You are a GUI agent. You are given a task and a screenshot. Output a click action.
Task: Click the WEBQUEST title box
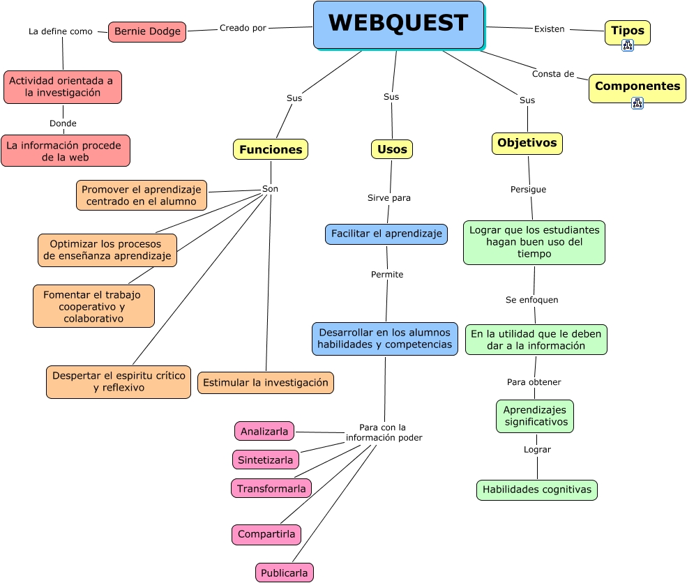point(398,24)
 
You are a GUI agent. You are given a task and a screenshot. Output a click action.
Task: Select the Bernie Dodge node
point(147,31)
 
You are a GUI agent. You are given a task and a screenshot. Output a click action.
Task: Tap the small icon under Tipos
point(627,45)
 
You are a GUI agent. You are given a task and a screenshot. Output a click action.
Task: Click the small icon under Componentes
point(637,103)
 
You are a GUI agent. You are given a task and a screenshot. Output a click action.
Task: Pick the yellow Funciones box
point(271,149)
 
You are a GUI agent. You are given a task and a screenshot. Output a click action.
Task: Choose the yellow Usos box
point(392,149)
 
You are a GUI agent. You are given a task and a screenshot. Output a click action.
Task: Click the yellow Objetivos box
point(527,143)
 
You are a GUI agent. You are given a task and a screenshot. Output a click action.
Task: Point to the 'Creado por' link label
point(243,28)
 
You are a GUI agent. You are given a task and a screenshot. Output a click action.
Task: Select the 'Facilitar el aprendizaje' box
point(386,234)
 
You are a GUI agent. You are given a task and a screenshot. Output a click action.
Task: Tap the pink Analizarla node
point(264,432)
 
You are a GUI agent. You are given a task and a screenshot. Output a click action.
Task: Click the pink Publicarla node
point(285,573)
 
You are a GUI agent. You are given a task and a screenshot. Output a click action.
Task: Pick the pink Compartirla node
point(266,535)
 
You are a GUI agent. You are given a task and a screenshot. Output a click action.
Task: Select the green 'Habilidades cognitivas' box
point(537,490)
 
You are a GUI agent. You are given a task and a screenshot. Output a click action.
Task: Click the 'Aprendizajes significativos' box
point(535,416)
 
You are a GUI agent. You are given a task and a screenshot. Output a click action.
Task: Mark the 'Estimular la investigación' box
point(266,383)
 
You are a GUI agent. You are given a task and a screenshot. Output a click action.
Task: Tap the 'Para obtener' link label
point(534,382)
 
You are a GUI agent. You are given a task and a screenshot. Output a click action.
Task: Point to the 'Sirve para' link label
point(389,198)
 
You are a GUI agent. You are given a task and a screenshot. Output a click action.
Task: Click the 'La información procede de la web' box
point(66,151)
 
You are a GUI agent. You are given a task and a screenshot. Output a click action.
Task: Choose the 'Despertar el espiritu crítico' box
point(119,382)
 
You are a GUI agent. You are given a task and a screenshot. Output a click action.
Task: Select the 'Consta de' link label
point(553,74)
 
